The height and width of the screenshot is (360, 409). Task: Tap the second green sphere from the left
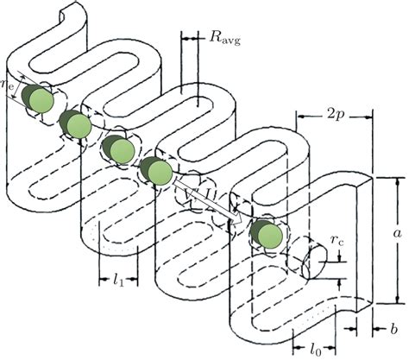(x=78, y=126)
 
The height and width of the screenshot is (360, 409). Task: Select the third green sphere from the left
(x=119, y=150)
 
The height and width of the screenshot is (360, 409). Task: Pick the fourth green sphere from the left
(x=159, y=172)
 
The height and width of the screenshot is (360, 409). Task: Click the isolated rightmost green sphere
(x=267, y=236)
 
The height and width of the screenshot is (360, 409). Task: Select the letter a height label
(x=396, y=233)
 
